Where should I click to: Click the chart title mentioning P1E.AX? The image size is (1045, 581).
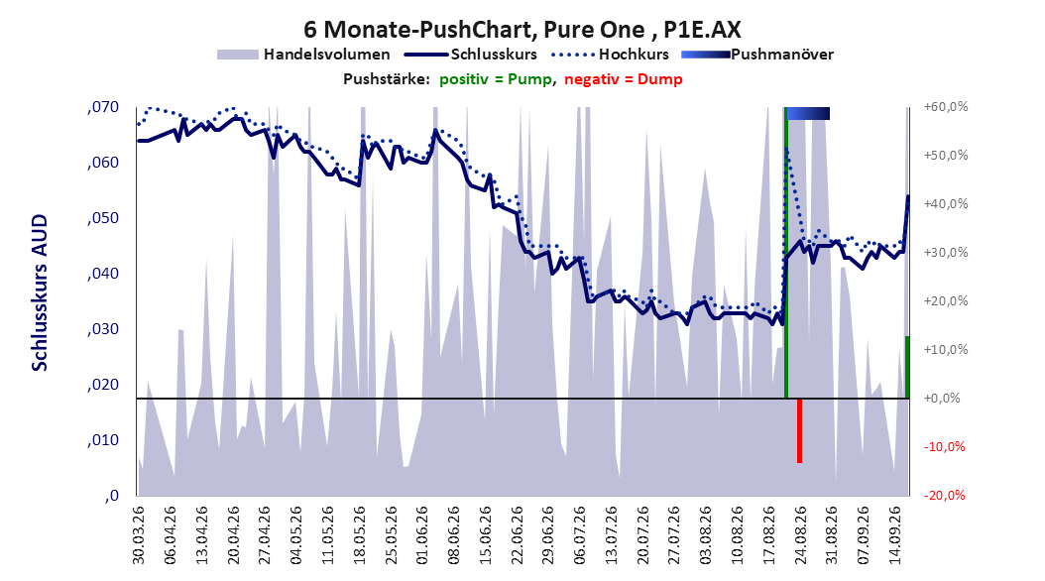coord(522,30)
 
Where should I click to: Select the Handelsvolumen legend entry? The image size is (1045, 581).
coord(303,55)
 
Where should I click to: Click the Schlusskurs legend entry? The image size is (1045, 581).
coord(471,55)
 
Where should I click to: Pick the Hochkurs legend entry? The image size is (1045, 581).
coord(610,55)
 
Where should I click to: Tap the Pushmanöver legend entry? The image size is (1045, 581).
coord(757,55)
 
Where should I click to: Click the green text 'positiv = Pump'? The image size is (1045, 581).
coord(495,79)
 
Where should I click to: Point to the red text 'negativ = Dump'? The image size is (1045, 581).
coord(624,79)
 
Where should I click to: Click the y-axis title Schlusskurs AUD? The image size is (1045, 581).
coord(40,292)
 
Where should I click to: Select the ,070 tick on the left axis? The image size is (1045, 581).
coord(103,107)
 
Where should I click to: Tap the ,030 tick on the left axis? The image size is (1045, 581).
coord(103,329)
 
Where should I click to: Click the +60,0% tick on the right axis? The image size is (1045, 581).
coord(946,107)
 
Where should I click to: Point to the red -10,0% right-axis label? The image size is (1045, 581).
coord(944,446)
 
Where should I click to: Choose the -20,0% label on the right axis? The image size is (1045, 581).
coord(944,495)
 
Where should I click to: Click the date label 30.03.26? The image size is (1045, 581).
coord(139,535)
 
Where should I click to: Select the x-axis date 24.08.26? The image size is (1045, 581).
coord(800,535)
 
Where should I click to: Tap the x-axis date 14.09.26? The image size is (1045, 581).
coord(895,535)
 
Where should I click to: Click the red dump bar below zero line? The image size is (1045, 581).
coord(799,430)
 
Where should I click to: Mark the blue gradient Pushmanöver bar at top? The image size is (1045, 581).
coord(808,114)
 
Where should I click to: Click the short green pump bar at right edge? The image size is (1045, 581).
coord(907,367)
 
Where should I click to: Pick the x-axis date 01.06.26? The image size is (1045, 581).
coord(421,535)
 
